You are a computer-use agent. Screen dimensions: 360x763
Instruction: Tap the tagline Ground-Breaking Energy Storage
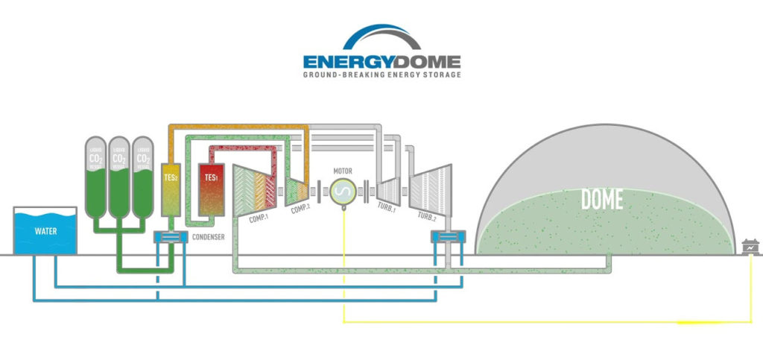(x=381, y=75)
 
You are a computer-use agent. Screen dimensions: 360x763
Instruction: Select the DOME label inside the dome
(x=601, y=199)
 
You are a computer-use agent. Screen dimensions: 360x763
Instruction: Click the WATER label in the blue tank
(x=45, y=231)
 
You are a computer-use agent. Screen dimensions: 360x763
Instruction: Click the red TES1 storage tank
(x=210, y=190)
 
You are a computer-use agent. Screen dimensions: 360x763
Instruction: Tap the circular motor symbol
(x=344, y=192)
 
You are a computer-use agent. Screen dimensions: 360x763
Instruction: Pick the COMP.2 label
(x=300, y=209)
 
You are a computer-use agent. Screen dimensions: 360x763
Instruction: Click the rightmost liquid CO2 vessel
(x=142, y=176)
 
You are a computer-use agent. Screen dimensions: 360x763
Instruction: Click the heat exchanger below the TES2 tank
(x=171, y=238)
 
